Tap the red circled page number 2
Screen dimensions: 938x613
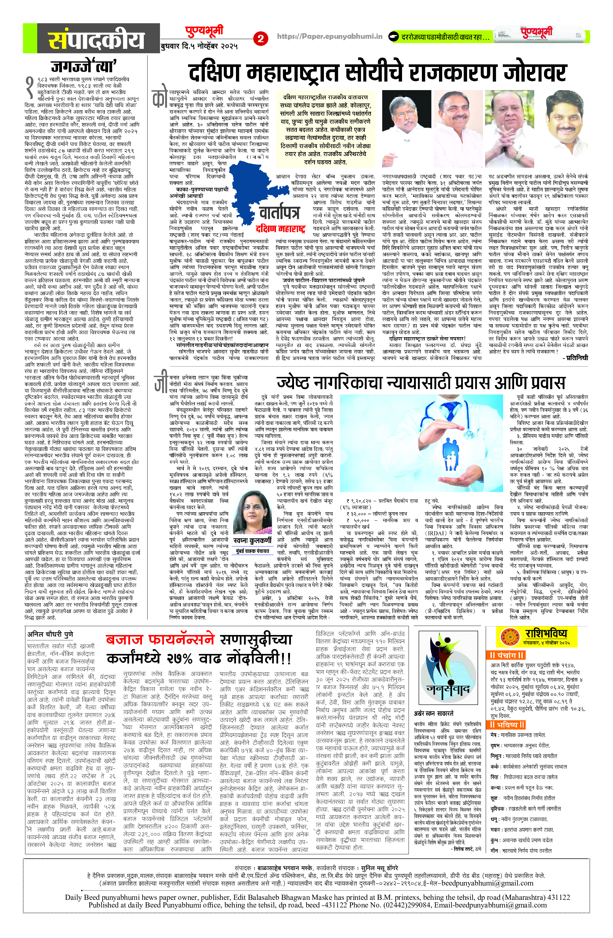pos(260,38)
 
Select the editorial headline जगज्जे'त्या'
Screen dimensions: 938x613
pos(84,66)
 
